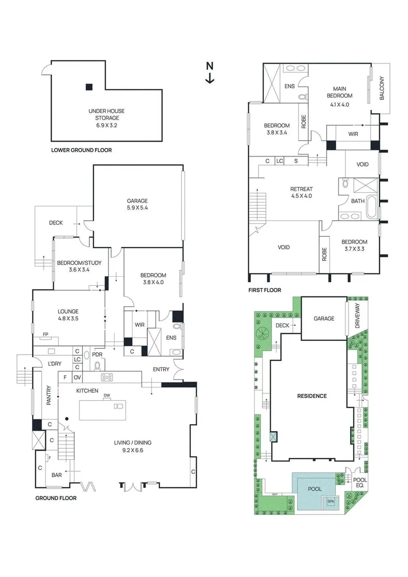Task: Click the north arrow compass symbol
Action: coord(210,73)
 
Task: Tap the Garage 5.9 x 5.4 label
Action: coord(137,204)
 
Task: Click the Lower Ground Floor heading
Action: coord(81,150)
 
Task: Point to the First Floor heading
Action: coord(264,291)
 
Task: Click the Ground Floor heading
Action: coord(56,498)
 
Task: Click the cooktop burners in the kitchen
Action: coord(107,377)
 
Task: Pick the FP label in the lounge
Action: coord(45,335)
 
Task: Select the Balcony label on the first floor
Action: coord(382,88)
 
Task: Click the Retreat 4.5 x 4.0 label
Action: coord(301,192)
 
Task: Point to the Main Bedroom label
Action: coord(340,96)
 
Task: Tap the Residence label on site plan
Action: coord(312,396)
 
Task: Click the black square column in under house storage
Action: coord(89,87)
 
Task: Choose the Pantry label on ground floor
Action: coord(49,396)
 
